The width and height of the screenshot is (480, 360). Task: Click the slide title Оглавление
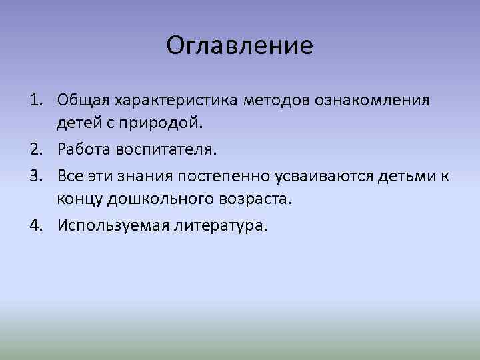[x=239, y=45]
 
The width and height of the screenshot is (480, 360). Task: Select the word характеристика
[x=167, y=101]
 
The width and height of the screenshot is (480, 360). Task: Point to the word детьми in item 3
[x=401, y=176]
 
